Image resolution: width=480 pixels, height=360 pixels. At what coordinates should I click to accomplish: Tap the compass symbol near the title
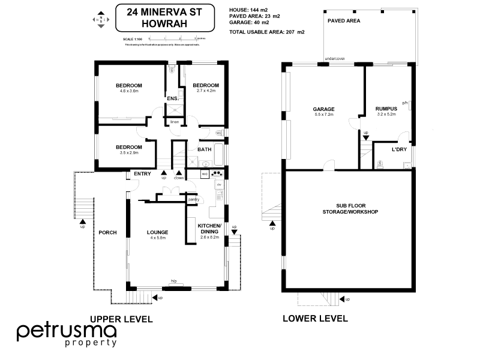pyautogui.click(x=100, y=20)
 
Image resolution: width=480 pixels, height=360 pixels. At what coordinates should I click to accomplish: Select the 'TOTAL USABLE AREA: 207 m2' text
pyautogui.click(x=267, y=31)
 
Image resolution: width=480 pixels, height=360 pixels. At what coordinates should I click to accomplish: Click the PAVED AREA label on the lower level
pyautogui.click(x=344, y=20)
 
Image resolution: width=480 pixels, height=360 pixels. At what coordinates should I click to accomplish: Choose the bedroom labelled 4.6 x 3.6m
pyautogui.click(x=129, y=88)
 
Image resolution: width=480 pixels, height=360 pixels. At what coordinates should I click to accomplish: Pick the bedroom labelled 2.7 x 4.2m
pyautogui.click(x=206, y=88)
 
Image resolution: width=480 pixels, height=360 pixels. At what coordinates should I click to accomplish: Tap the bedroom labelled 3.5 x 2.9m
pyautogui.click(x=129, y=149)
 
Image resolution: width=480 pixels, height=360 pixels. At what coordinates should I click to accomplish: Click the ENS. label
pyautogui.click(x=173, y=98)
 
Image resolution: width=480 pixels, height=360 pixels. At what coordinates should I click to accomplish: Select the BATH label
pyautogui.click(x=204, y=149)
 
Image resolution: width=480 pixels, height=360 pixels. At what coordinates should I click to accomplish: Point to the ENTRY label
pyautogui.click(x=142, y=174)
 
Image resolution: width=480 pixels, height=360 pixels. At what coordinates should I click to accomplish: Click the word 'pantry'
pyautogui.click(x=193, y=200)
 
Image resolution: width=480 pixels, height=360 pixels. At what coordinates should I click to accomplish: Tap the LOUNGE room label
pyautogui.click(x=157, y=234)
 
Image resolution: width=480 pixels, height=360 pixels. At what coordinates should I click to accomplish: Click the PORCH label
pyautogui.click(x=107, y=232)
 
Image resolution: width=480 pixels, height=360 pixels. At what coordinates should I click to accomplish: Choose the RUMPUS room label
pyautogui.click(x=386, y=110)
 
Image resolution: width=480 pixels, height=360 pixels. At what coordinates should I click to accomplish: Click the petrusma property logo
pyautogui.click(x=66, y=334)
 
